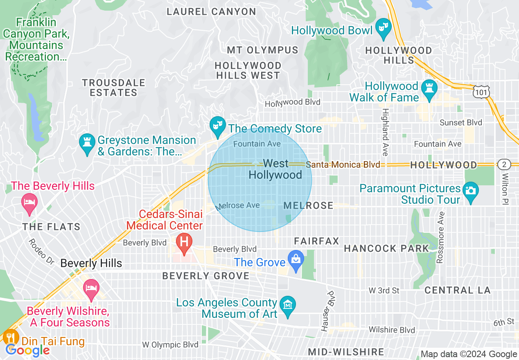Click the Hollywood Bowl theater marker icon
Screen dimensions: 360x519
383,28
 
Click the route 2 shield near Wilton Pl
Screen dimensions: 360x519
504,164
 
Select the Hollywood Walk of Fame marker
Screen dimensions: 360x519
429,89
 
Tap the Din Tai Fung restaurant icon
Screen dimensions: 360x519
10,338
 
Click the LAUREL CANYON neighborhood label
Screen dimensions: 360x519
211,11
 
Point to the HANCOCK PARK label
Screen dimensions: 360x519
386,248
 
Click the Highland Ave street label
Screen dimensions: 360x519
385,132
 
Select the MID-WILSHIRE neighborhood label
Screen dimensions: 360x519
346,352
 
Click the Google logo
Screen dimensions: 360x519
28,350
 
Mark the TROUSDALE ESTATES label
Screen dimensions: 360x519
113,88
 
